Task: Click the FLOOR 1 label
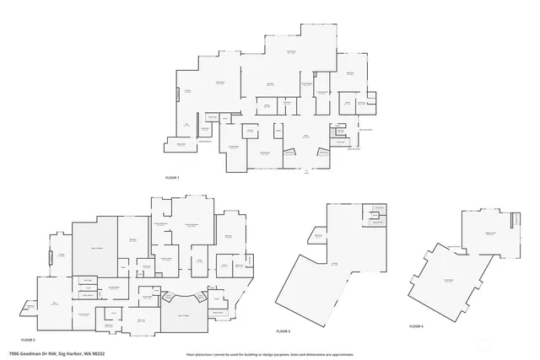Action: click(x=172, y=177)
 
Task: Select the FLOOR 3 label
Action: click(x=283, y=331)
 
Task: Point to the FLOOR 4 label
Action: click(x=416, y=325)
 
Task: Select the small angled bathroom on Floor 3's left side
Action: click(x=318, y=237)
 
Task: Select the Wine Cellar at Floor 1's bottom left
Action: click(x=181, y=145)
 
